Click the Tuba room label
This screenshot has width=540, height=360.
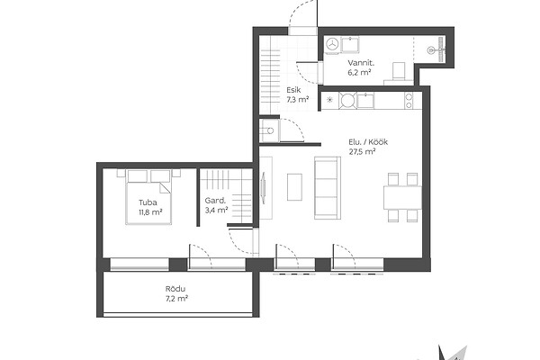[148, 202]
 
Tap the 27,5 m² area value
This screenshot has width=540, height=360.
[362, 151]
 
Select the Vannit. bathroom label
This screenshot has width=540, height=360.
[361, 63]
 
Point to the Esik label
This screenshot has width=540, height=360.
[293, 90]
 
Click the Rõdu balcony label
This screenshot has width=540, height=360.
[175, 289]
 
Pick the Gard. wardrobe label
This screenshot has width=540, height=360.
[215, 201]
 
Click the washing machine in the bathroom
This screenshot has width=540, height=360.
[332, 44]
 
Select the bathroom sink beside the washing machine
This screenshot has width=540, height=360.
[350, 45]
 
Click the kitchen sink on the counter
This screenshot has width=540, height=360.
[365, 101]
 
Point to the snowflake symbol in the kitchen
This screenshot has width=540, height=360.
[329, 100]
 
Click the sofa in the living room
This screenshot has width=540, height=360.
[328, 188]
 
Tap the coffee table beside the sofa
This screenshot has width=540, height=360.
[295, 187]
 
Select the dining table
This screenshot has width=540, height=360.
[402, 197]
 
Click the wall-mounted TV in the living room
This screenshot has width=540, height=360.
[264, 188]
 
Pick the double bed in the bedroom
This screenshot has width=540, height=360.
[148, 197]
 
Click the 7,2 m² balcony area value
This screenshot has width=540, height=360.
[176, 298]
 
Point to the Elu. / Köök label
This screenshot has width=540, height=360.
[368, 142]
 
